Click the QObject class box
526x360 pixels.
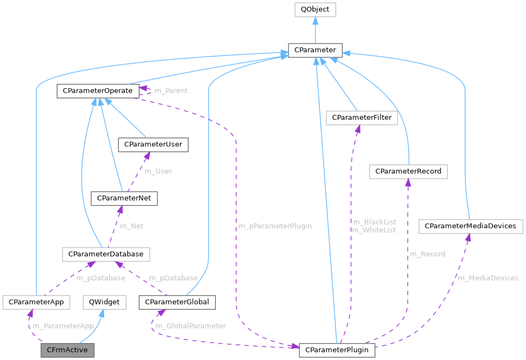[315, 10]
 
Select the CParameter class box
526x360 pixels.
[315, 51]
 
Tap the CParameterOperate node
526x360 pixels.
[97, 90]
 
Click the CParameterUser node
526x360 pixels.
[154, 144]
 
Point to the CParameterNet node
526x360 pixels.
[124, 199]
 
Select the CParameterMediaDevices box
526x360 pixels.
[470, 225]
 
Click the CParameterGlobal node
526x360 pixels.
[177, 302]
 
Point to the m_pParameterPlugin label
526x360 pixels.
[275, 225]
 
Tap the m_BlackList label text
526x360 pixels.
[374, 222]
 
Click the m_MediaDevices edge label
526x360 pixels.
[488, 278]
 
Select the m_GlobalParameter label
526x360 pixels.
[191, 326]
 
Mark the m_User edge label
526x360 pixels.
[158, 171]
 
